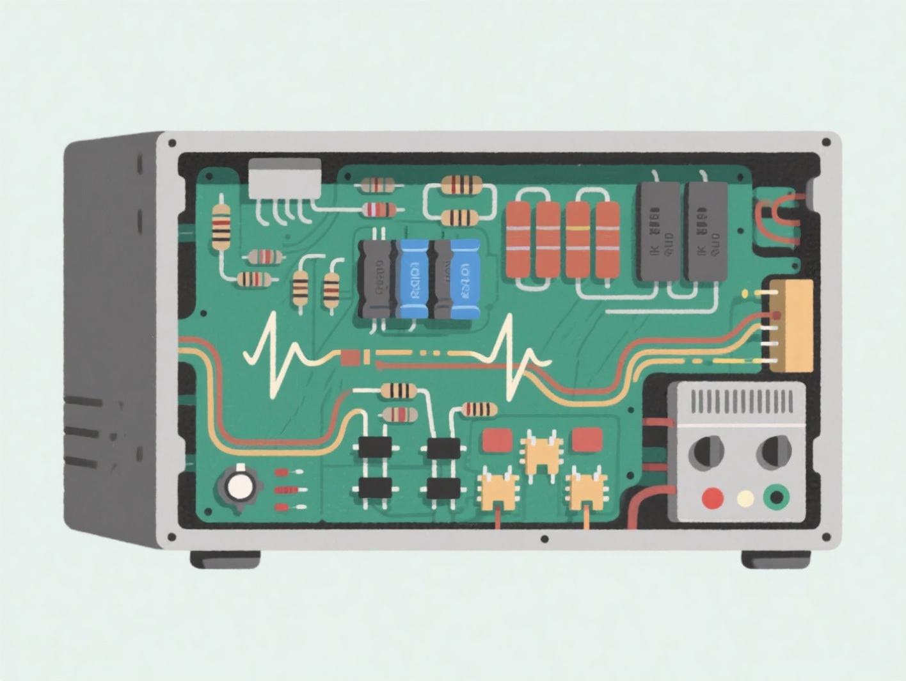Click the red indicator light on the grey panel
pyautogui.click(x=713, y=497)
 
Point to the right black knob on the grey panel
pyautogui.click(x=774, y=451)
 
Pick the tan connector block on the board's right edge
pyautogui.click(x=791, y=325)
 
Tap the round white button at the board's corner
pyautogui.click(x=240, y=487)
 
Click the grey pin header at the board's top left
pyautogui.click(x=285, y=179)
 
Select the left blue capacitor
pyautogui.click(x=413, y=279)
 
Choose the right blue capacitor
pyautogui.click(x=465, y=279)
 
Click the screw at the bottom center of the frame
pyautogui.click(x=544, y=539)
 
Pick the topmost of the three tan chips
pyautogui.click(x=542, y=451)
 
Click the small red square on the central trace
pyautogui.click(x=350, y=357)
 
